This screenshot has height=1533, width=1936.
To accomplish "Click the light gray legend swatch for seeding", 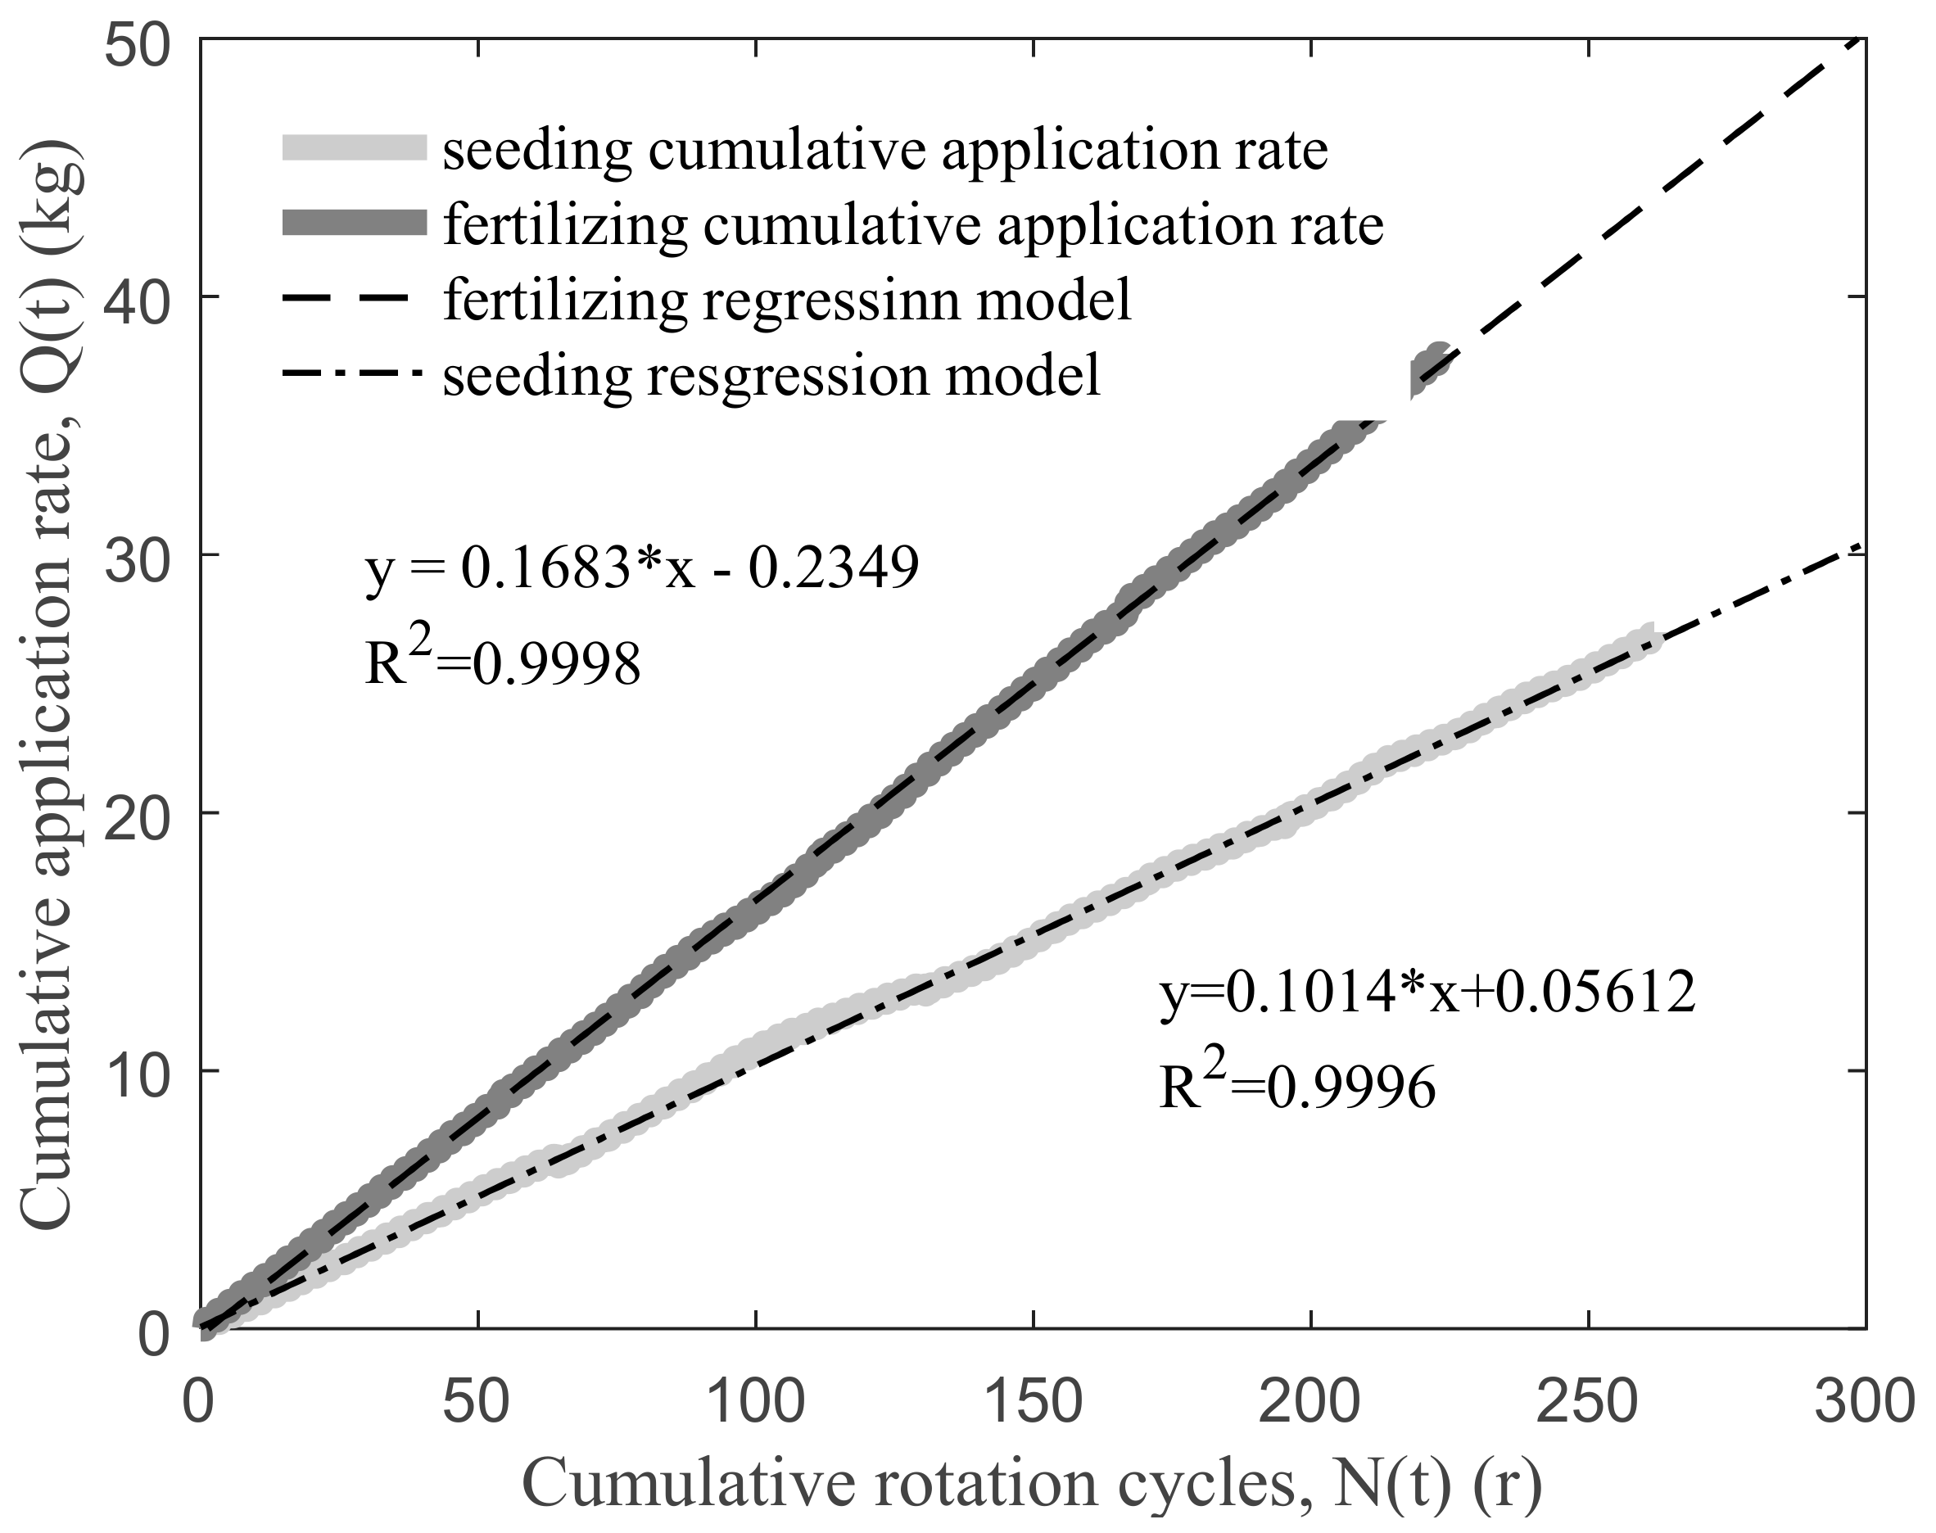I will [x=355, y=148].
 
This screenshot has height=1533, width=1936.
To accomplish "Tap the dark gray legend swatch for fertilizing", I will [x=355, y=223].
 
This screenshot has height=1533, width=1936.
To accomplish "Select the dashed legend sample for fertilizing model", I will [x=355, y=300].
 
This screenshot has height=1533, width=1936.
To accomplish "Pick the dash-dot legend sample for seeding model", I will [x=355, y=374].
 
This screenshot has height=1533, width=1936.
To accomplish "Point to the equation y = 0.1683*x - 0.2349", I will [x=642, y=568].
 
